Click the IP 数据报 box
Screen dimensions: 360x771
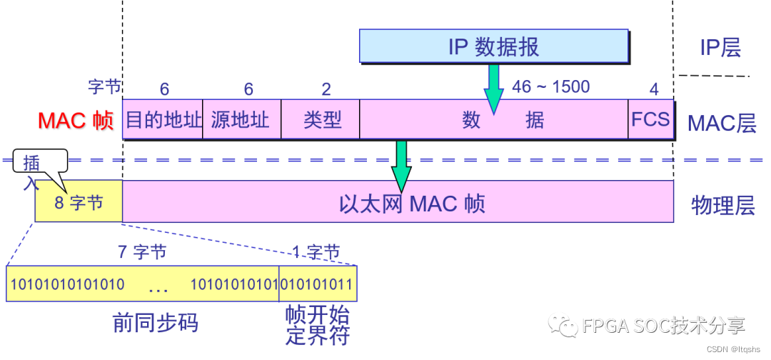click(493, 46)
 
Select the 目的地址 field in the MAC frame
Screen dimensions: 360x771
click(163, 119)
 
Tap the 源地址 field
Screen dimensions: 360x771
click(242, 119)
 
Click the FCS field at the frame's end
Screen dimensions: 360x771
click(650, 119)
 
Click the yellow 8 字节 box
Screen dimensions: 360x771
click(79, 202)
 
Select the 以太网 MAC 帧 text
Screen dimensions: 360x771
click(412, 203)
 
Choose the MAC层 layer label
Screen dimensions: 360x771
click(721, 123)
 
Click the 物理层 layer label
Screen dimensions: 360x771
click(722, 206)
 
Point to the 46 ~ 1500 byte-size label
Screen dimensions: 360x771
click(550, 87)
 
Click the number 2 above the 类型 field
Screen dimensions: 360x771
click(326, 89)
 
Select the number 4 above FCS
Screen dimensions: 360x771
click(653, 89)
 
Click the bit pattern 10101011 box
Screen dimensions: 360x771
click(318, 284)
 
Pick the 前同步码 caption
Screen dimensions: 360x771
click(155, 323)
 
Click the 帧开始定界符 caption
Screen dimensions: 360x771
click(317, 325)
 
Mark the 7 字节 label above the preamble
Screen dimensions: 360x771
click(142, 252)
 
